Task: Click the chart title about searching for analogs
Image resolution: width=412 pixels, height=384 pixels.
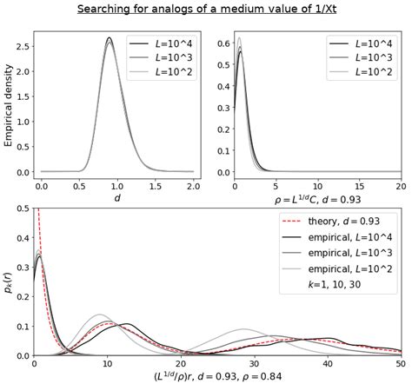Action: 206,10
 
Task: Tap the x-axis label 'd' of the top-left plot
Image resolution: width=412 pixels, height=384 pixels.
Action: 117,199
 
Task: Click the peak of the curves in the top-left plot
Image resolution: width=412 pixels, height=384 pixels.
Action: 110,39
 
